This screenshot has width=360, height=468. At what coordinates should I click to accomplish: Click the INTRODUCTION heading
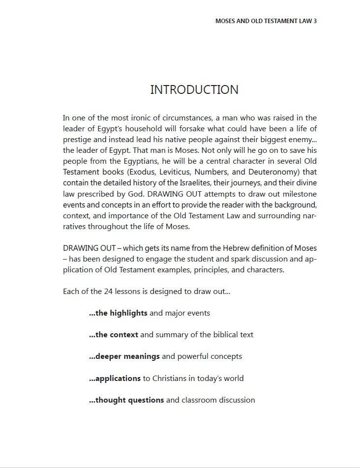point(194,89)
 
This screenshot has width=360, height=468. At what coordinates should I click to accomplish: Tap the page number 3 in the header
point(314,22)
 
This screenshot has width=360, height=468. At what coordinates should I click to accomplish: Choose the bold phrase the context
point(114,334)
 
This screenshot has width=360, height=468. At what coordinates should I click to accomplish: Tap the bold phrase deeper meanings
point(124,356)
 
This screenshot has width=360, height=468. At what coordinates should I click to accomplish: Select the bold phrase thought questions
point(126,400)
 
